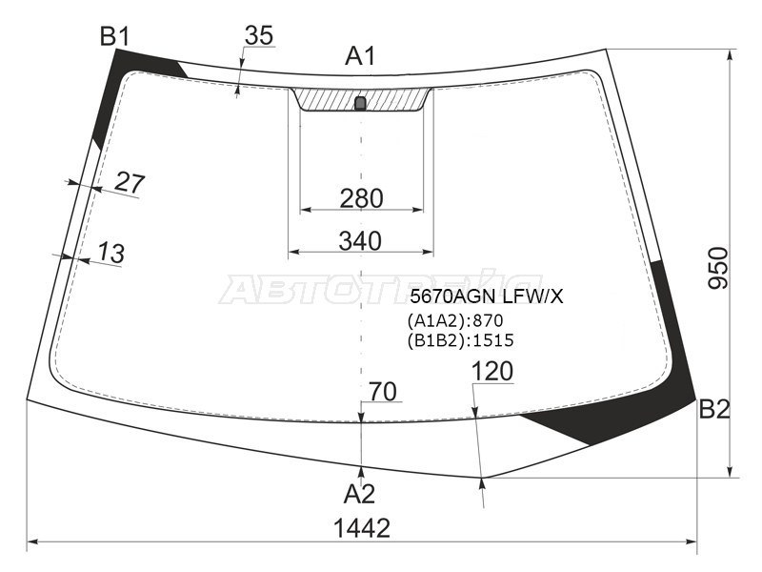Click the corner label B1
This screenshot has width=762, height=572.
(x=114, y=36)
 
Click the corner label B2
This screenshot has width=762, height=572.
(x=714, y=410)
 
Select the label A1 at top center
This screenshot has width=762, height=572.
(x=360, y=56)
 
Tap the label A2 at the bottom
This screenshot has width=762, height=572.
(x=359, y=494)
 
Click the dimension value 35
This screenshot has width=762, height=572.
(x=258, y=35)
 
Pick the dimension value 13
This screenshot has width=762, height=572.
(x=110, y=254)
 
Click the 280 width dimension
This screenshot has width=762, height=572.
(x=361, y=198)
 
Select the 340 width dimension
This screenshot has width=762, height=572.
(x=360, y=241)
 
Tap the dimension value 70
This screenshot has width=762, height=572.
(x=382, y=391)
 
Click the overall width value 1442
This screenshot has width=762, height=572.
(x=362, y=527)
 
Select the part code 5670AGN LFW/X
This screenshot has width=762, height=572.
(x=486, y=296)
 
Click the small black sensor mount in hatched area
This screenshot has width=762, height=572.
(x=360, y=103)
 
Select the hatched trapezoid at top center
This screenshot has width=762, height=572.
(x=329, y=99)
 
